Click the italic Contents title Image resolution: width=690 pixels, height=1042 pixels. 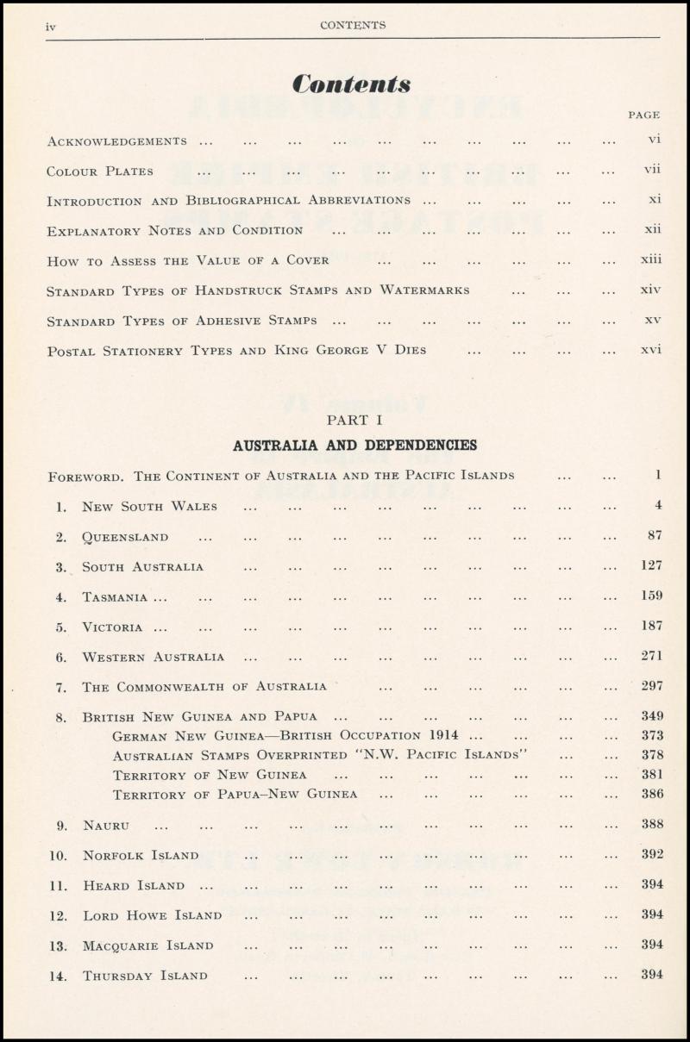click(351, 84)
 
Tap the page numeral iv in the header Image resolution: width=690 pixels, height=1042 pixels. click(51, 27)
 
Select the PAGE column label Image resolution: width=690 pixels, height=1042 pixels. click(644, 115)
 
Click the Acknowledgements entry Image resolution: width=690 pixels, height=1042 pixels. click(116, 141)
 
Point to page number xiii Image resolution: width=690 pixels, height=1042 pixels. click(651, 259)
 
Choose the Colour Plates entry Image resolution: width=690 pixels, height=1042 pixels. click(100, 172)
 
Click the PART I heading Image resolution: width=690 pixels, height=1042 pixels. click(354, 420)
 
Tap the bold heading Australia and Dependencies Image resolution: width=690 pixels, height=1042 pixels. click(354, 446)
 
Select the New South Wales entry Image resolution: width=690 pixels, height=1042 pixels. click(149, 507)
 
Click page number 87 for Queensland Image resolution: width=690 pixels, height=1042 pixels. click(655, 535)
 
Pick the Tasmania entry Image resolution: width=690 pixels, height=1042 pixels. click(115, 596)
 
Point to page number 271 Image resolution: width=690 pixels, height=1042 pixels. click(652, 656)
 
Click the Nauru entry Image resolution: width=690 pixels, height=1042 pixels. click(106, 826)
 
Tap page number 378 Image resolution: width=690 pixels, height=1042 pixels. click(652, 754)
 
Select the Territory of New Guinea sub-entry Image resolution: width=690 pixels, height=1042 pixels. click(210, 775)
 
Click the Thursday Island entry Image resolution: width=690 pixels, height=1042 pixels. click(145, 976)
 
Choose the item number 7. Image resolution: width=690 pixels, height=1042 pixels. click(60, 688)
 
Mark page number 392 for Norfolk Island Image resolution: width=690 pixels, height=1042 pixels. click(652, 854)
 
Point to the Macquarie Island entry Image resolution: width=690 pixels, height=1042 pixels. click(147, 945)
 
